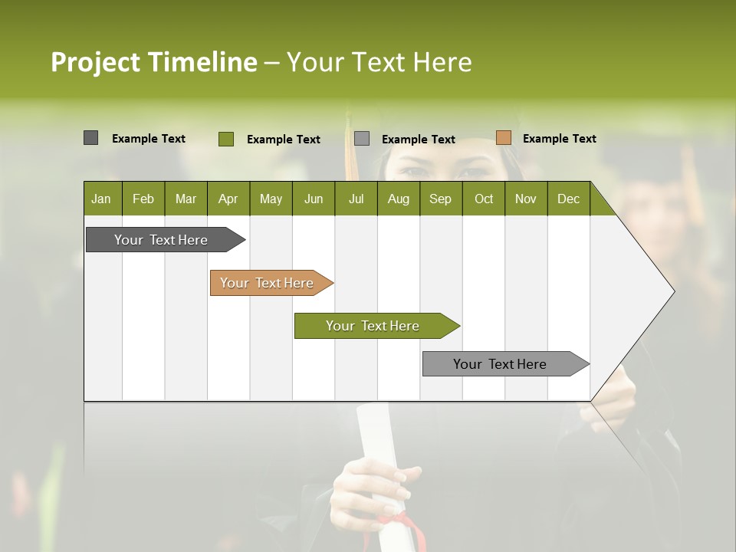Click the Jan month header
point(101,199)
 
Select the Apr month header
point(228,199)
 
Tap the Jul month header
point(356,199)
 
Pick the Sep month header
point(440,199)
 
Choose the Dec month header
point(568,199)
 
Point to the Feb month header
point(143,199)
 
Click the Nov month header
point(525,199)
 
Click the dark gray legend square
point(90,138)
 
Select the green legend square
point(225,139)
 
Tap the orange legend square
point(503,138)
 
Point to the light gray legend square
point(362,139)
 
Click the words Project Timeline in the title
point(153,62)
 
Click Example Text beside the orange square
point(559,139)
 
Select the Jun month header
point(313,199)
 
